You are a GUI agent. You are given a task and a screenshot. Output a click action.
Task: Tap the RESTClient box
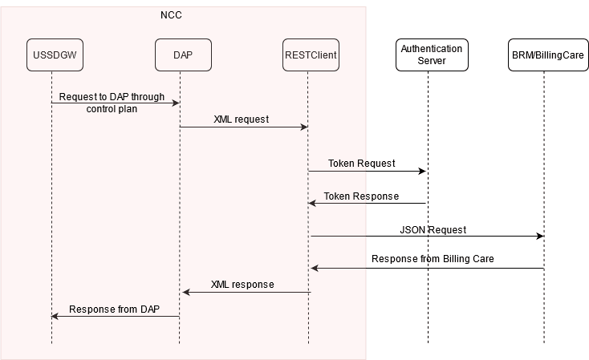311,55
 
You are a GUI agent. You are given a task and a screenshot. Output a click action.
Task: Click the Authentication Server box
431,55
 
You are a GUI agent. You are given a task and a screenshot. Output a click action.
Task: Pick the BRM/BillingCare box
547,55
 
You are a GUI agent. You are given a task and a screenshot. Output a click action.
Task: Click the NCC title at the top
171,14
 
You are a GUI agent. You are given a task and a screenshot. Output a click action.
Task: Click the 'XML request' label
241,119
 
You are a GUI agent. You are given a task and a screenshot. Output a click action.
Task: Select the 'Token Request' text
361,164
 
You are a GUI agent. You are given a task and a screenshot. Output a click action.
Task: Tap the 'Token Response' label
361,196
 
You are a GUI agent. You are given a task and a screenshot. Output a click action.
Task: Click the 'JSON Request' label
433,230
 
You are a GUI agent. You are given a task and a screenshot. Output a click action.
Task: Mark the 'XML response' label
242,285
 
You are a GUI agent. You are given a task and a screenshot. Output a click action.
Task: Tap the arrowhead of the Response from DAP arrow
55,316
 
